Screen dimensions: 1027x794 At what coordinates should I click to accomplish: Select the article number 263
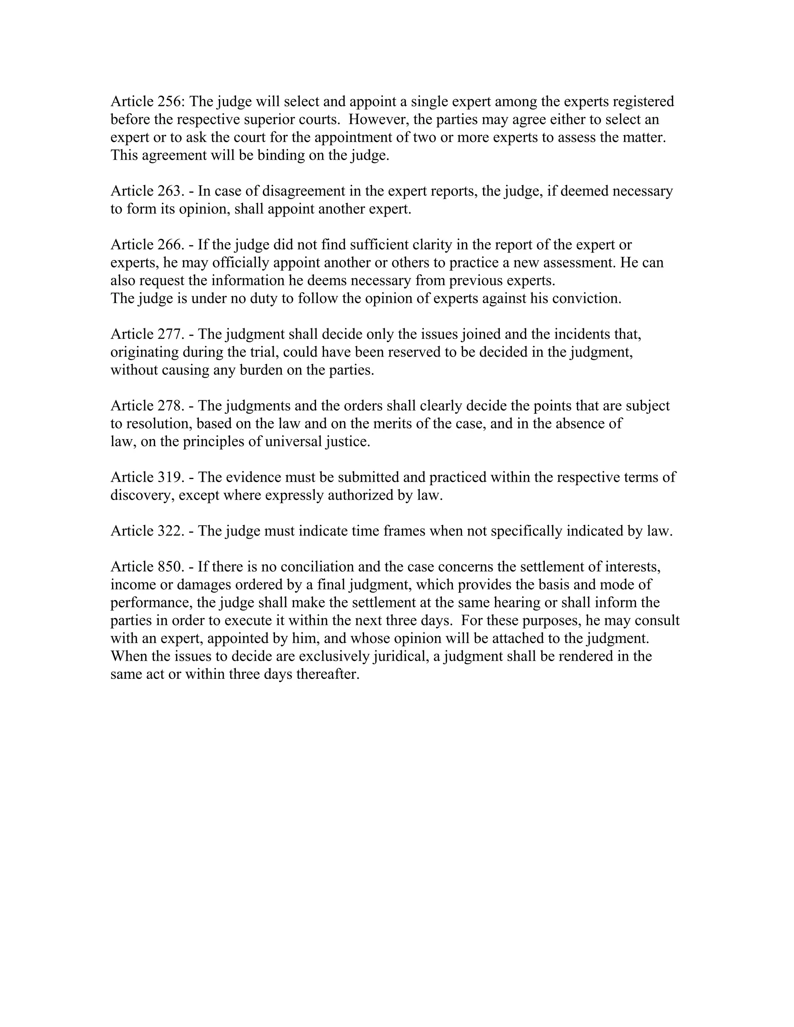(x=168, y=191)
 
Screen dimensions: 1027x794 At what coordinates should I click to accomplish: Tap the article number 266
(x=168, y=245)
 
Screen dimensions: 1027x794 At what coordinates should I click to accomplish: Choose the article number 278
(x=168, y=406)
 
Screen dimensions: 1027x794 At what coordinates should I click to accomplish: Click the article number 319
(x=168, y=477)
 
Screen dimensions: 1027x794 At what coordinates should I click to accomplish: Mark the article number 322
(x=168, y=531)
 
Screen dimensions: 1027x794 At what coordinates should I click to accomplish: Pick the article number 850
(x=168, y=567)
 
